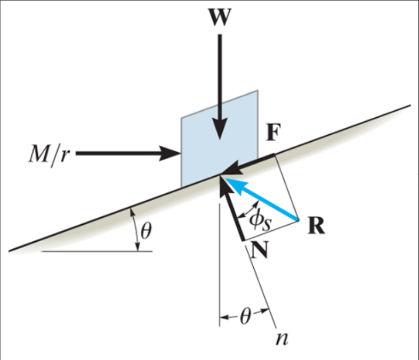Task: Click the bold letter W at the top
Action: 220,17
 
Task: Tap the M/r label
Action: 49,154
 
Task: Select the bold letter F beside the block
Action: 273,132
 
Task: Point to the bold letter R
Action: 317,225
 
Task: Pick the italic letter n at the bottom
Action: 283,339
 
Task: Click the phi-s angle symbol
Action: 260,221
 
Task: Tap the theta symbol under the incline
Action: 146,231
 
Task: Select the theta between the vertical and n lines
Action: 245,317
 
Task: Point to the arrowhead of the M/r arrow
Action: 170,153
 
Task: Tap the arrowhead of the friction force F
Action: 232,169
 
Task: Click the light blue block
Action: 220,139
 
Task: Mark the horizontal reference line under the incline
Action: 96,251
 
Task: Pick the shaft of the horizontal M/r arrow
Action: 118,153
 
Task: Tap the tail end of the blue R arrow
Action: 298,220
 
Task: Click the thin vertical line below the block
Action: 220,265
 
